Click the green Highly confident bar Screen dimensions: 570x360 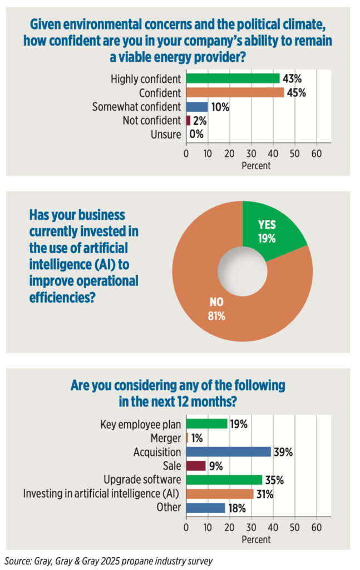[x=233, y=78]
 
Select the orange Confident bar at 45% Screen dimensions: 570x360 [x=235, y=92]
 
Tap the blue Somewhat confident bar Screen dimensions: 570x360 [x=197, y=106]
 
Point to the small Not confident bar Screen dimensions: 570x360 [x=189, y=120]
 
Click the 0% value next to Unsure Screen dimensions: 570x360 [x=196, y=134]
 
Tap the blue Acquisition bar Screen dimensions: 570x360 [x=228, y=452]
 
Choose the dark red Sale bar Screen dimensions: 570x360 [x=196, y=466]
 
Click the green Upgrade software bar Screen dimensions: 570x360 [x=224, y=479]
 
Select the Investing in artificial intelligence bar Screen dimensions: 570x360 [x=219, y=493]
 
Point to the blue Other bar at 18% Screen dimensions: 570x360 [x=205, y=507]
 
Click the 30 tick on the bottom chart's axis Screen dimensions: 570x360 [x=251, y=527]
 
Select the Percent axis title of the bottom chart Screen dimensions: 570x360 [x=256, y=539]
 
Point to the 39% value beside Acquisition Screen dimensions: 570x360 [x=283, y=452]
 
